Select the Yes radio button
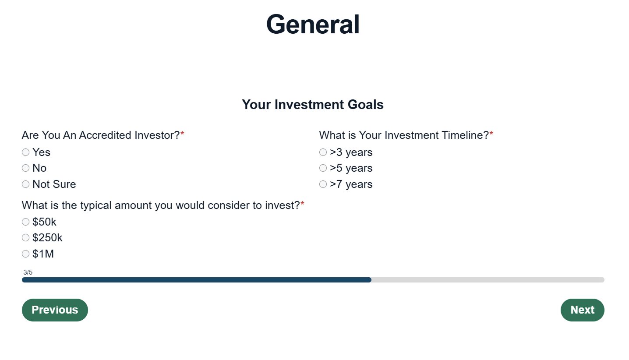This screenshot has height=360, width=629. [25, 152]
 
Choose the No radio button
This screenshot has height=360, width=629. [25, 168]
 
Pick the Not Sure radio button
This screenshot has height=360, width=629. [25, 184]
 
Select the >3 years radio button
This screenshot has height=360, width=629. [323, 152]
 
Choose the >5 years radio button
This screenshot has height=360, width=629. [323, 168]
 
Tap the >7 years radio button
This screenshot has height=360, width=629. [323, 184]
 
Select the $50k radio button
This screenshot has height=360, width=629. [25, 222]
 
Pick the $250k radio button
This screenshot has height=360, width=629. [25, 237]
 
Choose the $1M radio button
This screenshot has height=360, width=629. [25, 254]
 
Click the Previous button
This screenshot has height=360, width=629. [55, 310]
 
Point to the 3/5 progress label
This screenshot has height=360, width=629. [28, 272]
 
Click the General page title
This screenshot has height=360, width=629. [313, 25]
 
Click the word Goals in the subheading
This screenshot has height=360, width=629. [365, 105]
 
